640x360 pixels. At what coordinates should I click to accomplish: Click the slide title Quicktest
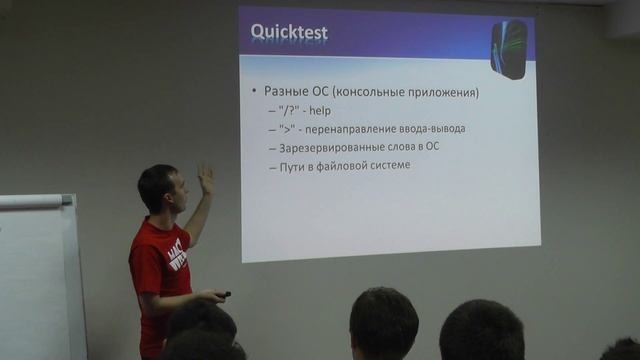(x=288, y=34)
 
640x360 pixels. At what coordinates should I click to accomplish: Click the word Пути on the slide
(x=295, y=166)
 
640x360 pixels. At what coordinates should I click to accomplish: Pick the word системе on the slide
(x=386, y=166)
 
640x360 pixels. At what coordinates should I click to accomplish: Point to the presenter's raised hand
(x=206, y=179)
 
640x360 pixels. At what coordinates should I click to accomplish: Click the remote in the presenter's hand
(x=224, y=294)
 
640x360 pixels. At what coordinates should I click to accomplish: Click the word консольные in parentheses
(x=375, y=92)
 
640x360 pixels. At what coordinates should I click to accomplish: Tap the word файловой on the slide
(x=339, y=166)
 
